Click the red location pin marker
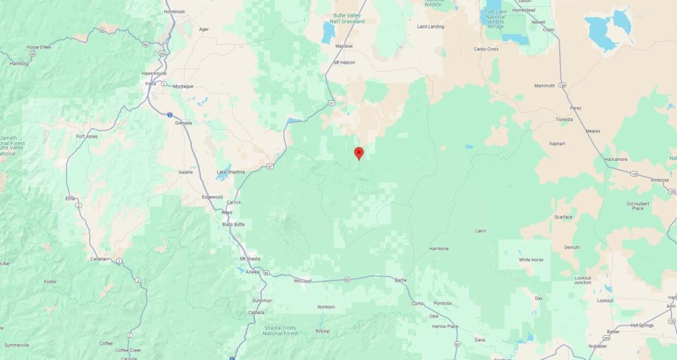click(x=358, y=153)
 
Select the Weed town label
click(x=227, y=212)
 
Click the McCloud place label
click(x=303, y=280)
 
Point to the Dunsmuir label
click(x=261, y=301)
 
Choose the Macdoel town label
click(x=344, y=46)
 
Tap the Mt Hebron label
click(x=344, y=63)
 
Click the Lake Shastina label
click(x=231, y=172)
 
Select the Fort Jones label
click(x=87, y=137)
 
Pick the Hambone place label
click(x=439, y=248)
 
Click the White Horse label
click(x=531, y=260)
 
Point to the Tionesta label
click(x=564, y=120)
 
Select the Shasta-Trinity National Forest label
click(x=281, y=330)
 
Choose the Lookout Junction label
click(x=583, y=280)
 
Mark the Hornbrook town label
click(x=174, y=11)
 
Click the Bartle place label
click(x=401, y=280)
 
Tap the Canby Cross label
click(x=486, y=49)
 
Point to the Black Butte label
click(x=233, y=224)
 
